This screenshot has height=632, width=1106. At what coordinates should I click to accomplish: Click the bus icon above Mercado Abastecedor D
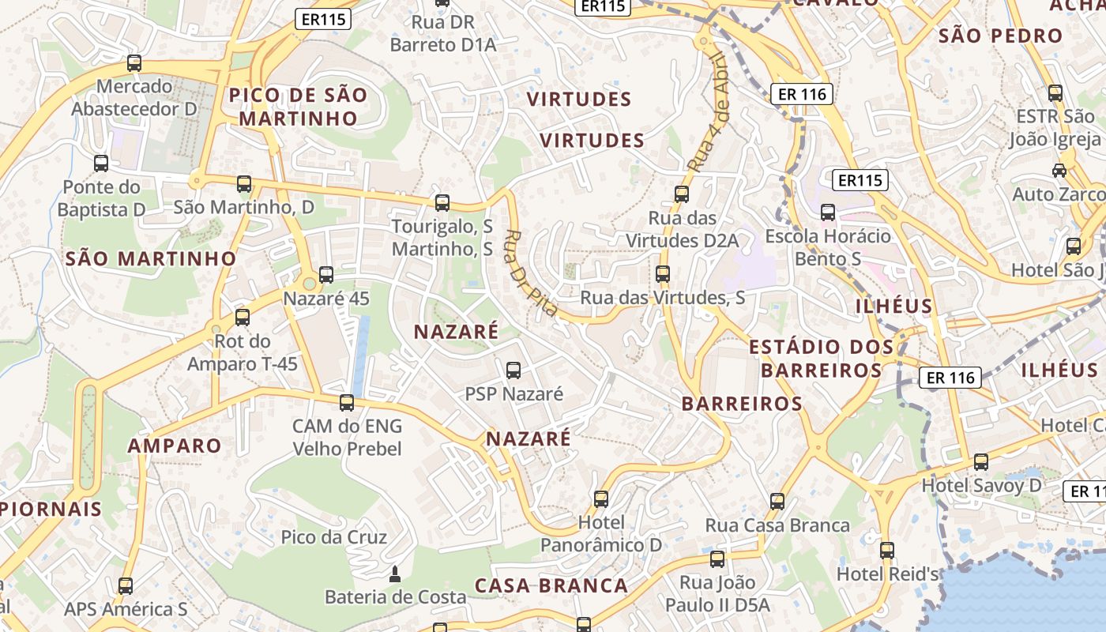point(134,63)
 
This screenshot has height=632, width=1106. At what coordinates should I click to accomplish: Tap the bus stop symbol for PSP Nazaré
point(513,370)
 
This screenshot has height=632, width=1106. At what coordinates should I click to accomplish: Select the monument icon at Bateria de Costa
point(395,574)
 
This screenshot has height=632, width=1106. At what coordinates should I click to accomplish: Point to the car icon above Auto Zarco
point(1059,170)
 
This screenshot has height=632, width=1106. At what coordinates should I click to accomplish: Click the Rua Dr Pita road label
point(531,273)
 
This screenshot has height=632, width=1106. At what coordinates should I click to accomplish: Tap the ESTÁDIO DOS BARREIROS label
point(821,358)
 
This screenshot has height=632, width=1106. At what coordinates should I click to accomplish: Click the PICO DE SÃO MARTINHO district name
point(299,107)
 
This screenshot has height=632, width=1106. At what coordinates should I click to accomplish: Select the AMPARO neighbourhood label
point(175,446)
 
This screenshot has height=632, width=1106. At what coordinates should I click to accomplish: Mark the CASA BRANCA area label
point(551,585)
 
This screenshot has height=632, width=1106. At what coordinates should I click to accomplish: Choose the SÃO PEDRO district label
point(1000,36)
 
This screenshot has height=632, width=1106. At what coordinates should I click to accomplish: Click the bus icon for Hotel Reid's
point(887,550)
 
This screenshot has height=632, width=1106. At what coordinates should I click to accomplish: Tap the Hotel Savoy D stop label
point(982,485)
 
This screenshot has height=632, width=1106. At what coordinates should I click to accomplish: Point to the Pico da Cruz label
point(333,537)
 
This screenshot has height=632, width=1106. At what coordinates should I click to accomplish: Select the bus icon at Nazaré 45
point(326,275)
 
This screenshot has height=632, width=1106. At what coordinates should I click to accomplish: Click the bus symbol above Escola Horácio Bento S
point(828,213)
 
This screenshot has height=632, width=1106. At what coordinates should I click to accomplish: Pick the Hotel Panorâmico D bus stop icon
point(601,498)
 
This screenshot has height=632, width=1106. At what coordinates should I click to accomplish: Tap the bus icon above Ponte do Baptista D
point(101,164)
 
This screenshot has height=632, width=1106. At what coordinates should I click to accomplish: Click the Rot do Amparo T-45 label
point(243,352)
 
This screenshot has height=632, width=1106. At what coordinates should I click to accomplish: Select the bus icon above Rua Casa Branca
point(777,502)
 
